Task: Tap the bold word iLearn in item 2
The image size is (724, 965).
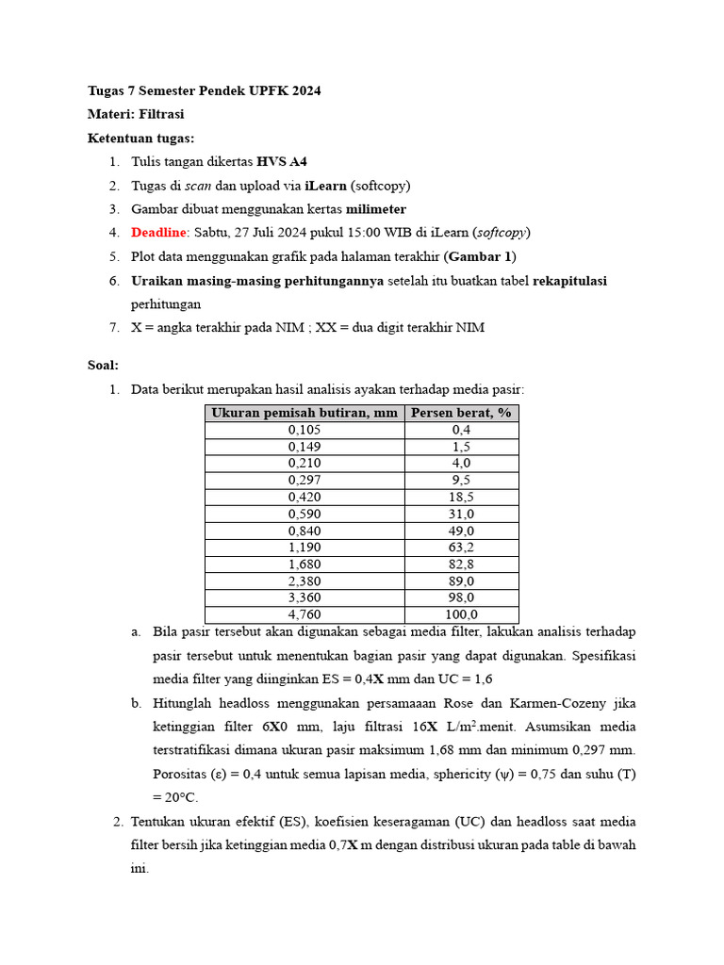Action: [299, 186]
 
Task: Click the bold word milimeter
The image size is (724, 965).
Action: [375, 209]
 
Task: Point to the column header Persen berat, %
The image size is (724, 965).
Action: [461, 413]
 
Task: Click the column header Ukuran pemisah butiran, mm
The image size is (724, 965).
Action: [304, 413]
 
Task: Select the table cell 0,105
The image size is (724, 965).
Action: [304, 430]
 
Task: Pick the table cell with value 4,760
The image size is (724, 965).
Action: [304, 614]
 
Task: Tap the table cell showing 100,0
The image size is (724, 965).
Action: [461, 614]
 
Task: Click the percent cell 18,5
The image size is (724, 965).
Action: [461, 497]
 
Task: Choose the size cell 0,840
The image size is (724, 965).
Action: [304, 531]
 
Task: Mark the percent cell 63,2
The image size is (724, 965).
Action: [461, 548]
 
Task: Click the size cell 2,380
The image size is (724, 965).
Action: [304, 581]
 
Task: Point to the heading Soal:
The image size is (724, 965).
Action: [103, 365]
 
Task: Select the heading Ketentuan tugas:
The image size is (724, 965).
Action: [140, 138]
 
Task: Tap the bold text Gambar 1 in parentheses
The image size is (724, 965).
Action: [481, 256]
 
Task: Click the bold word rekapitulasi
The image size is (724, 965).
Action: [569, 281]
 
